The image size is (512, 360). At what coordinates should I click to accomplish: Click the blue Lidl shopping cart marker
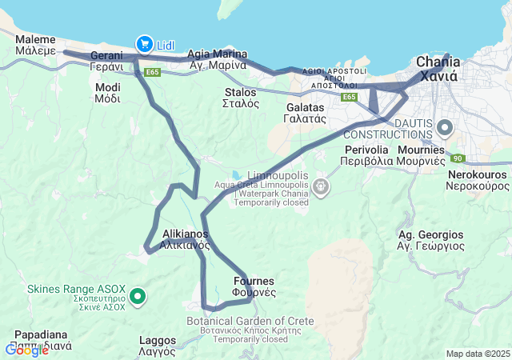pyautogui.click(x=145, y=43)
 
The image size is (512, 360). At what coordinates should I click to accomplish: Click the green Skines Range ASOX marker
pyautogui.click(x=138, y=298)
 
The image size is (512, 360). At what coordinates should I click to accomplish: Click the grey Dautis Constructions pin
pyautogui.click(x=446, y=127)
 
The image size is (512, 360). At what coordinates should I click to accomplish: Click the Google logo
pyautogui.click(x=26, y=350)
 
